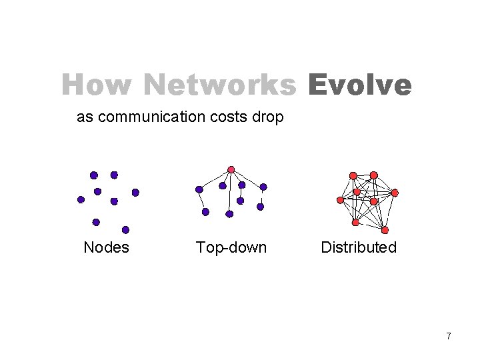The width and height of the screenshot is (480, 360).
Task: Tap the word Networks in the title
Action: tap(219, 85)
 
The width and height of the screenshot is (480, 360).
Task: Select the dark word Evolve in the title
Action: tap(360, 85)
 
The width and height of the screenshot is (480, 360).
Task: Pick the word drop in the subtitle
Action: tap(269, 118)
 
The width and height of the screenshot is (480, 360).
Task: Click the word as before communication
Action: tap(84, 117)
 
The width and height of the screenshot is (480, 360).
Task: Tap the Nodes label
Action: tap(106, 247)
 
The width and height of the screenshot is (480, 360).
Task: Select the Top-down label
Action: tap(231, 247)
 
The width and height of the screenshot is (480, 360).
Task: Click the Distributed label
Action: tap(359, 247)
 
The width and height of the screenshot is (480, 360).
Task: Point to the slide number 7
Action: tap(449, 336)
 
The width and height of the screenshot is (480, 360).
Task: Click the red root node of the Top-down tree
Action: tap(231, 169)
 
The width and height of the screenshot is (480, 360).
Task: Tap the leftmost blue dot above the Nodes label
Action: tap(81, 199)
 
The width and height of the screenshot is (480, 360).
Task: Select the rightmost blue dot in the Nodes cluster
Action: tap(135, 192)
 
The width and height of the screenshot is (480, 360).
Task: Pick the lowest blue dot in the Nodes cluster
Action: tap(125, 229)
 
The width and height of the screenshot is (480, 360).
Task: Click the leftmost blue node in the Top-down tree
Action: tap(199, 189)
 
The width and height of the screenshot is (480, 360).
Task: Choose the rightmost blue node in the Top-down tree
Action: tap(263, 187)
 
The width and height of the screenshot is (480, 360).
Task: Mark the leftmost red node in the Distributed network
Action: tap(340, 199)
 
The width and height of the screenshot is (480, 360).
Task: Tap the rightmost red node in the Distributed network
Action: tap(395, 193)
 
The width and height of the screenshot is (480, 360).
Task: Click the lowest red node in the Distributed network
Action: tap(356, 221)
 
